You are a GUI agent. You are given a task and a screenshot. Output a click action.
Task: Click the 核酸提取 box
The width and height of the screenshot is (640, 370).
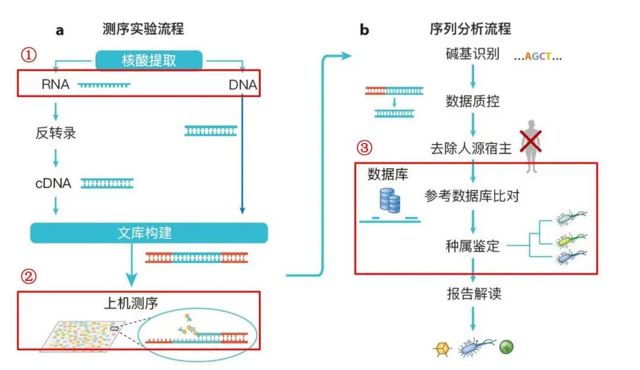click(149, 60)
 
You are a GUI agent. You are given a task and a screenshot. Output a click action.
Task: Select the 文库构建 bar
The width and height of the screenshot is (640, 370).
click(149, 232)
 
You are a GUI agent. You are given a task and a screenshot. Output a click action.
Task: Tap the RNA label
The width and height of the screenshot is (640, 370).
click(55, 85)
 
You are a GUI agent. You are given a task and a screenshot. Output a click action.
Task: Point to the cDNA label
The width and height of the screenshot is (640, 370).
click(53, 183)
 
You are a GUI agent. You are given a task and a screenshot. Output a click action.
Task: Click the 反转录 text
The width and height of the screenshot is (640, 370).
click(56, 133)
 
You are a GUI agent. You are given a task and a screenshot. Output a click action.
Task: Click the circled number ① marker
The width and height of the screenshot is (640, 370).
click(29, 55)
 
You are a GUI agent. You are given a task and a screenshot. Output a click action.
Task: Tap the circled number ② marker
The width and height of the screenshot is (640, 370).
click(29, 276)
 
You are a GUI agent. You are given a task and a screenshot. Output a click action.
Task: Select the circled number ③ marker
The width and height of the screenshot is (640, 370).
click(366, 147)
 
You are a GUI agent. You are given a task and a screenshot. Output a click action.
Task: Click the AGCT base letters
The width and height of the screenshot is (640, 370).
click(537, 57)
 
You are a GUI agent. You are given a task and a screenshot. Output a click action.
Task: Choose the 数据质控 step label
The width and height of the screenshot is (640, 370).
click(472, 101)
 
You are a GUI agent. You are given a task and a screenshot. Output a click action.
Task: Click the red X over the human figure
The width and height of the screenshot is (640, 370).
click(532, 142)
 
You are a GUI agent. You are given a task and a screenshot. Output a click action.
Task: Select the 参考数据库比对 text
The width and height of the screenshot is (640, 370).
click(472, 196)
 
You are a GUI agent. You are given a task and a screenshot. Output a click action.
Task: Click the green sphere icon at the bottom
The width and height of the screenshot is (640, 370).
click(506, 347)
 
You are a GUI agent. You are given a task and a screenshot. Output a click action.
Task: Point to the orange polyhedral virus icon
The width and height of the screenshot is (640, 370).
click(441, 349)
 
